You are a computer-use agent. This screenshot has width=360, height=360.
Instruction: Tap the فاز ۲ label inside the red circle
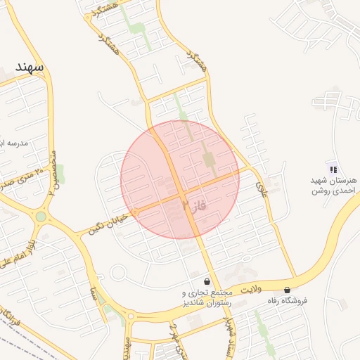(195, 205)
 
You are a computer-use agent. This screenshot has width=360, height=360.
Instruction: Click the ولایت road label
(250, 288)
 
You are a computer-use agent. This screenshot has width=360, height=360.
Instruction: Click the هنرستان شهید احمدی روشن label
(334, 186)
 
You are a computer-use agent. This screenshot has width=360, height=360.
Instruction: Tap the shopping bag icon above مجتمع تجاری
(206, 281)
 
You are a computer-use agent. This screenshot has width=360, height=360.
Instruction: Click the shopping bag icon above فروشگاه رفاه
(287, 290)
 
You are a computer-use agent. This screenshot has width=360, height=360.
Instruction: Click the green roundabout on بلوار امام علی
(41, 217)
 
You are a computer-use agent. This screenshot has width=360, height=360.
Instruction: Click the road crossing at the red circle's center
(180, 193)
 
